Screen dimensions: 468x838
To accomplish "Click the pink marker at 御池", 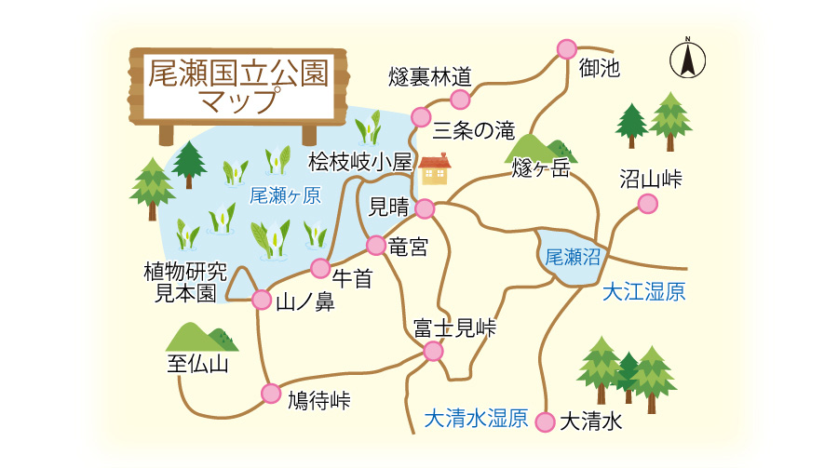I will pos(566,49).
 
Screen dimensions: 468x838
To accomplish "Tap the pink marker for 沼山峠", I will pos(647,205).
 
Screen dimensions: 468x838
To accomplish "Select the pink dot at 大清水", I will pos(547,421).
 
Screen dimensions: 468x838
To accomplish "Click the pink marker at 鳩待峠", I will pos(271,393).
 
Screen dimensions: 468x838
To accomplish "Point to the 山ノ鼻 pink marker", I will pos(262,300).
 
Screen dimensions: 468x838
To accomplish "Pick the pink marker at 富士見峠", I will pos(433,351).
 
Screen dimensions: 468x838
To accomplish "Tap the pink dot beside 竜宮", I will pos(375,246).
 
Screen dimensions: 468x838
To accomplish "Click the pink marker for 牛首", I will pos(320,269).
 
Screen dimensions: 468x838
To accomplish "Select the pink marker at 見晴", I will pos(425,208).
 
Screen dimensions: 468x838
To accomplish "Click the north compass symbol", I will pos(687,60).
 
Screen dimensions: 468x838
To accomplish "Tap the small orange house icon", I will pos(435,169).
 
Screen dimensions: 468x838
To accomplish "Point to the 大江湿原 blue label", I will pos(643,292).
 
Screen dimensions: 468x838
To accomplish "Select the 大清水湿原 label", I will pos(476,419).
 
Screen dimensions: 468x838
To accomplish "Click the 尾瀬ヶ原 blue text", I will pos(285,195).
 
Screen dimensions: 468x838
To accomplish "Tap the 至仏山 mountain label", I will pos(197,364).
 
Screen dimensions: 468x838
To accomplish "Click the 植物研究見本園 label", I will pos(185,282).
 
